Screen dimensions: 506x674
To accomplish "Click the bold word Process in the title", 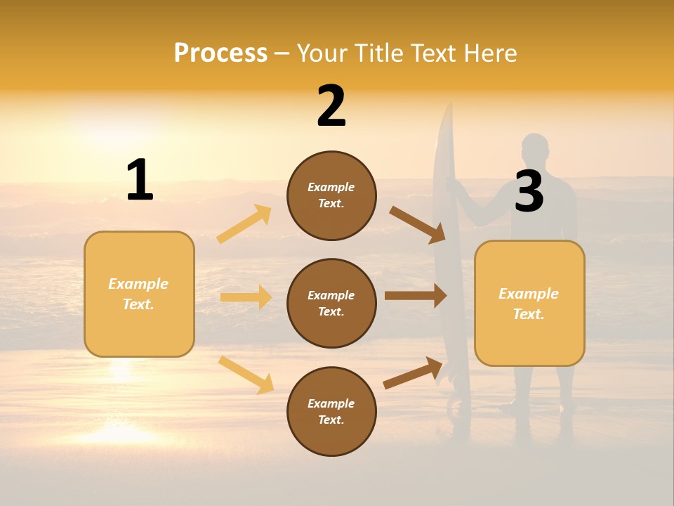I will click(x=220, y=53).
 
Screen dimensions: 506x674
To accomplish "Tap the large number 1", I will click(x=140, y=180).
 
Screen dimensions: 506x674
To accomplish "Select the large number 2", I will click(x=331, y=106).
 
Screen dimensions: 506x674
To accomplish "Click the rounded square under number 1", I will click(x=139, y=294).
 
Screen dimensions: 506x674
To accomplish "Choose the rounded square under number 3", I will click(x=529, y=303).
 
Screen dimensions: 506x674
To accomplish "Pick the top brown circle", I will click(x=331, y=195).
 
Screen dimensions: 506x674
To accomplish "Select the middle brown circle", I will click(x=331, y=303).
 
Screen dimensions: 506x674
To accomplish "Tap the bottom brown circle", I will click(x=331, y=411).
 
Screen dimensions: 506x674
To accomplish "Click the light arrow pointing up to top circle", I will click(x=244, y=224).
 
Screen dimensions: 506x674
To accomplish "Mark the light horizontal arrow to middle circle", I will click(x=246, y=297).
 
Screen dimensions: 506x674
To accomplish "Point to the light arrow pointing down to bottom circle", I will click(x=246, y=375).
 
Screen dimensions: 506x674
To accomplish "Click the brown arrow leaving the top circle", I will click(x=418, y=224).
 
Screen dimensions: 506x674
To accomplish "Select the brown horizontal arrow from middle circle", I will click(x=416, y=295).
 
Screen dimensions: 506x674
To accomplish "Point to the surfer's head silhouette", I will click(x=535, y=149).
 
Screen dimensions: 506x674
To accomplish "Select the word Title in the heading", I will click(x=383, y=53).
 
